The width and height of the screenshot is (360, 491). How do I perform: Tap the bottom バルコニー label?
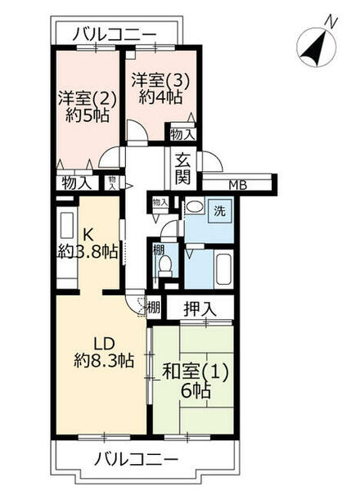click(x=135, y=458)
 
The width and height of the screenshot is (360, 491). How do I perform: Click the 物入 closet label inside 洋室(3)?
click(x=182, y=133)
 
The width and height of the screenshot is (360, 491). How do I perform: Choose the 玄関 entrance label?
click(x=183, y=169)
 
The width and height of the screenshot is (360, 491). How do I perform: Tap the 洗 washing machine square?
click(x=220, y=209)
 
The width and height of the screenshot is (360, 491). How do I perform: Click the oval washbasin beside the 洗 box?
click(x=192, y=208)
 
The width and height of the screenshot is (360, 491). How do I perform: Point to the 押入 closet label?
click(x=200, y=309)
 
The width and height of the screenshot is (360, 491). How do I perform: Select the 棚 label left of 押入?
click(x=153, y=309)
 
